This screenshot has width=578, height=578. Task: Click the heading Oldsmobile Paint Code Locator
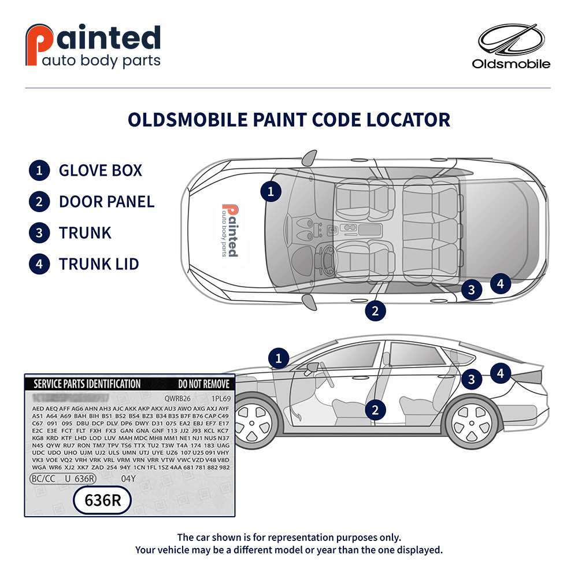pos(288,120)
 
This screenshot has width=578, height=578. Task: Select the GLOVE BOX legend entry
pos(100,171)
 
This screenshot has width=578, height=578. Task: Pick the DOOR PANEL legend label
pos(106,202)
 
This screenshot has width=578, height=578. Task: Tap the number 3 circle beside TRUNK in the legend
pos(39,233)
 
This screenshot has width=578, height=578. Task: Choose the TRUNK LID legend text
pos(99,264)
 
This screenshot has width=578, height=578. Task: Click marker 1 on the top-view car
pos(270,191)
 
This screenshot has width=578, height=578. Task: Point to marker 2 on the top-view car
pos(375,310)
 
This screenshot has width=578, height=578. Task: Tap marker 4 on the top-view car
pos(501,284)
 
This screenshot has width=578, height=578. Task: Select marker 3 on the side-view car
pos(472,379)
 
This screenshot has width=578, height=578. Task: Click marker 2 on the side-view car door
pos(375,410)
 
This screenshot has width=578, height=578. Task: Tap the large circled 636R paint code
pos(103,501)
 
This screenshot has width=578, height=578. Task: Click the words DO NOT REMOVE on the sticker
pos(203,384)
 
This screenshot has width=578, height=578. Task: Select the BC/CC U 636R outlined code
pos(63,479)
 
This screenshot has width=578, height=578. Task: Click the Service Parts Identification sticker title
pos(87,384)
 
